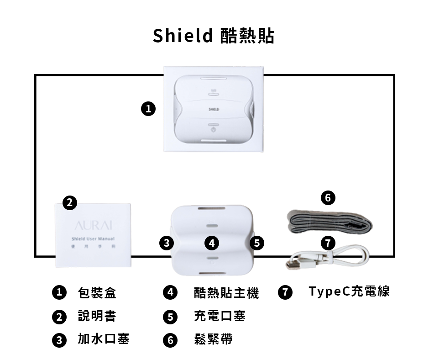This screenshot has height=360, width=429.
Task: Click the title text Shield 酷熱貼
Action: [x=214, y=35]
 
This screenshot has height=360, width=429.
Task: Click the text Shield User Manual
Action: [x=93, y=239]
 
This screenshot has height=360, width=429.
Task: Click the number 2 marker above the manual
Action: [x=69, y=203]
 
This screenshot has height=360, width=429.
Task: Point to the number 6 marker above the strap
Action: [x=328, y=197]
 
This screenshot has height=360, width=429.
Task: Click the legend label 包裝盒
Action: [x=97, y=293]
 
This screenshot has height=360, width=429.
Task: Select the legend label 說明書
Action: [x=97, y=316]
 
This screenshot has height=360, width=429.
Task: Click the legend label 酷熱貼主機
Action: [x=226, y=293]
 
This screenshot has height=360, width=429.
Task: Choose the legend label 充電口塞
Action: [x=220, y=316]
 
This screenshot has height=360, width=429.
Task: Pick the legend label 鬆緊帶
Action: [x=213, y=339]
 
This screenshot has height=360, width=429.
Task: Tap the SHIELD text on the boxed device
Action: [x=214, y=110]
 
